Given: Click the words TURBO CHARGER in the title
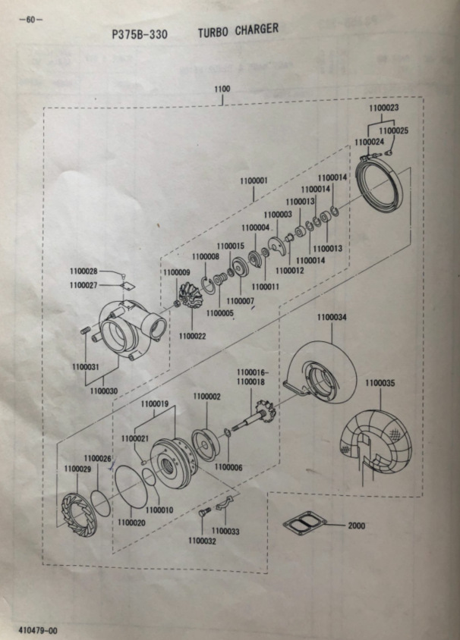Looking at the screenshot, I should coord(238,30).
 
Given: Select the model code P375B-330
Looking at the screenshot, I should coord(140,34).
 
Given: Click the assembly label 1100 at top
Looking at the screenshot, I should coord(222,89).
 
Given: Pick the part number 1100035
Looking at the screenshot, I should coord(379,384).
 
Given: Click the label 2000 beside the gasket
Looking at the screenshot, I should coord(356,525).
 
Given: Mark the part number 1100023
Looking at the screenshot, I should coord(383,108).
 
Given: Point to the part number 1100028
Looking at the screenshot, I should coord(83,271).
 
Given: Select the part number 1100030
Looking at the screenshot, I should coord(103,391).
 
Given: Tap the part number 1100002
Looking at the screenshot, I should coord(206,397).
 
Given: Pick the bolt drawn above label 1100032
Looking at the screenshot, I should coord(203,513).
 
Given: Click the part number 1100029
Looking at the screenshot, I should coord(77,469).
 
